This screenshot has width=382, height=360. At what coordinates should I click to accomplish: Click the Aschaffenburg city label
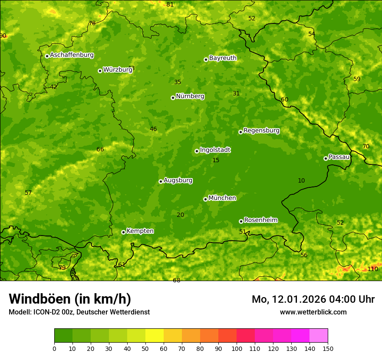point(72,55)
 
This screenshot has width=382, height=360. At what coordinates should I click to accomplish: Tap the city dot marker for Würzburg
point(100,71)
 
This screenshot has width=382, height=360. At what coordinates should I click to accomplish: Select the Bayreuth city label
point(223,58)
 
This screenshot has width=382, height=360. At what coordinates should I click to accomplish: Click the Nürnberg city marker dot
point(173,98)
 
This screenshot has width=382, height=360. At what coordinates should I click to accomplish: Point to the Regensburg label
point(261,131)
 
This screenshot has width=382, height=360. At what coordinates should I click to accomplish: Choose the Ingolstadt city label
point(215,150)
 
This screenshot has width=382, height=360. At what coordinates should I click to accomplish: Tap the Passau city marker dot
point(326,158)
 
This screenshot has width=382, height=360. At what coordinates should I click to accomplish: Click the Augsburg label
point(178,180)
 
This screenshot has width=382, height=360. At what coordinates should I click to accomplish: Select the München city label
point(222,198)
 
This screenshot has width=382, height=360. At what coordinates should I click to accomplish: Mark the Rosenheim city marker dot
point(241,221)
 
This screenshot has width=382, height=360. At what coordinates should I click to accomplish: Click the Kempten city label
point(140,231)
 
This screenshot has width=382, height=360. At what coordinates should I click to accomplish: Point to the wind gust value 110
point(372,269)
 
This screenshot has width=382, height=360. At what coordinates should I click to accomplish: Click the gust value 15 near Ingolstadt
point(216,160)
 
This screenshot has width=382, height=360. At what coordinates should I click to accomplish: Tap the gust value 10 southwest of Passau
point(301,180)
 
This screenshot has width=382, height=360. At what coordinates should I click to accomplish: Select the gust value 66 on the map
point(100,150)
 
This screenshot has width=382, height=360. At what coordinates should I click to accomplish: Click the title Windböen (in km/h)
point(70,299)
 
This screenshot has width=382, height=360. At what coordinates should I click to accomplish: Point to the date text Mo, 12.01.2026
point(288,299)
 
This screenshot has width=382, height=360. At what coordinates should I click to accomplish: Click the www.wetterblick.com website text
point(313,312)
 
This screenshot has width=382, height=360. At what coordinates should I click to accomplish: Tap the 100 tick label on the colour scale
point(237,348)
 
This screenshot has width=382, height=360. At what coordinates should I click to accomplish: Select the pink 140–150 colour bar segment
point(319,336)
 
